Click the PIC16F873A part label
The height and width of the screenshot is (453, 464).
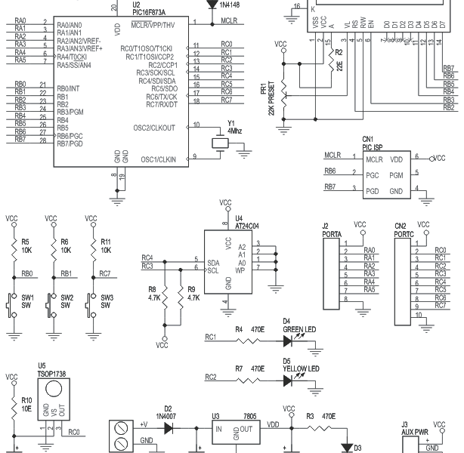coord(149,12)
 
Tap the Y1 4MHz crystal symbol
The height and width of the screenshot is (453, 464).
coord(220,143)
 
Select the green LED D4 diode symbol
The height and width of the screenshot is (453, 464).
coord(288,341)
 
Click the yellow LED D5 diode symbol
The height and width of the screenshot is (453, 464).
coord(288,381)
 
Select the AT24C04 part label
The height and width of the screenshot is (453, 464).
coord(247,226)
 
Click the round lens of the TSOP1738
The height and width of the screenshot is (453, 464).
coord(54,389)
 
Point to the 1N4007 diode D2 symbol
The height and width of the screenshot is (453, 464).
coord(169,428)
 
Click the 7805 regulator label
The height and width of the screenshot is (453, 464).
coord(249,416)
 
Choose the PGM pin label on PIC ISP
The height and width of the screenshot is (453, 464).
coord(396,175)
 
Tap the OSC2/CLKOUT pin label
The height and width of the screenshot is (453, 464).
coord(154,128)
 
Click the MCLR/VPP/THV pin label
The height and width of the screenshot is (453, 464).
coord(153,25)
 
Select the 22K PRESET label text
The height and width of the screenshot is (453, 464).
coord(271,98)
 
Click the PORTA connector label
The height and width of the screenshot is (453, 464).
coord(332,235)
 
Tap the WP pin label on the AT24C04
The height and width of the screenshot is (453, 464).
coord(240,270)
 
